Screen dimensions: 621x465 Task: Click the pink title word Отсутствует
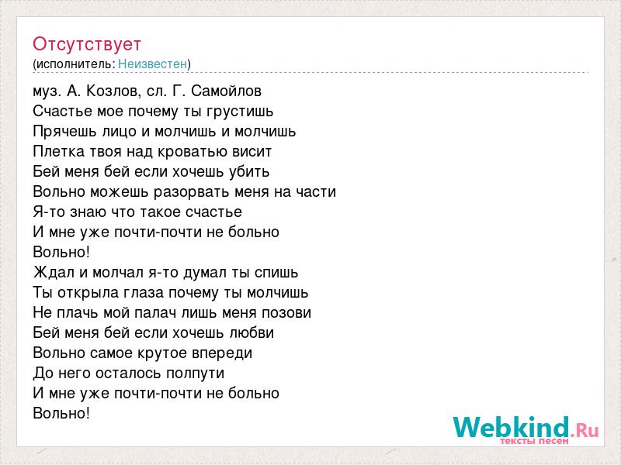click(x=87, y=44)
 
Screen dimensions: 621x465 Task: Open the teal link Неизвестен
click(x=152, y=64)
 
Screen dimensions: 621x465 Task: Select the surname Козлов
click(x=113, y=91)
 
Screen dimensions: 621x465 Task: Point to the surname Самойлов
click(x=226, y=91)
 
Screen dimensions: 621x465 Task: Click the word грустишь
click(x=240, y=112)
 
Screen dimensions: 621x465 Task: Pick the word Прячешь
click(x=64, y=132)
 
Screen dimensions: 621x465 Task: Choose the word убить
click(x=249, y=171)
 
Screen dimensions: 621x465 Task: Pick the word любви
click(x=252, y=332)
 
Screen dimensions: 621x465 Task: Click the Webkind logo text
click(x=526, y=427)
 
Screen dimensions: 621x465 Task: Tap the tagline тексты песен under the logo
click(x=534, y=440)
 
